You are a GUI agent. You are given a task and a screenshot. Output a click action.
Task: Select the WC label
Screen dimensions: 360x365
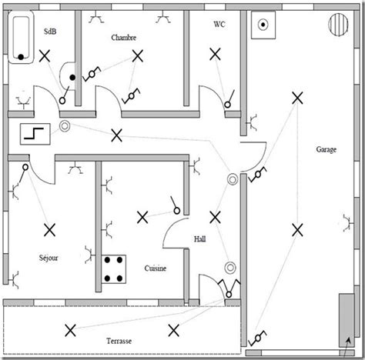point(219,24)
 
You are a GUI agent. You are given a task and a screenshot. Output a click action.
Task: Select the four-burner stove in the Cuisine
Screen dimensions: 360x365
point(116,268)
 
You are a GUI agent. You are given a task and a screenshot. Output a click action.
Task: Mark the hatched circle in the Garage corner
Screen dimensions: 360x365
point(338,25)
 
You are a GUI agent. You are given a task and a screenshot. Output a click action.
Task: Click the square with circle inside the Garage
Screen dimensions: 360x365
point(265,25)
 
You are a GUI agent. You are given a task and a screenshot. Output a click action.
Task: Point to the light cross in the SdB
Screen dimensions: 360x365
point(46,56)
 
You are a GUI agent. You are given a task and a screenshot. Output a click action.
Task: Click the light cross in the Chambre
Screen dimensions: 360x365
point(138,56)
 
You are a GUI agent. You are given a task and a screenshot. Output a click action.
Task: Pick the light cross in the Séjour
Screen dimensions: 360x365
point(50,229)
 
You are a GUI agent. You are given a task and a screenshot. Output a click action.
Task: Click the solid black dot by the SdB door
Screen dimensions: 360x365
point(73,78)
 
